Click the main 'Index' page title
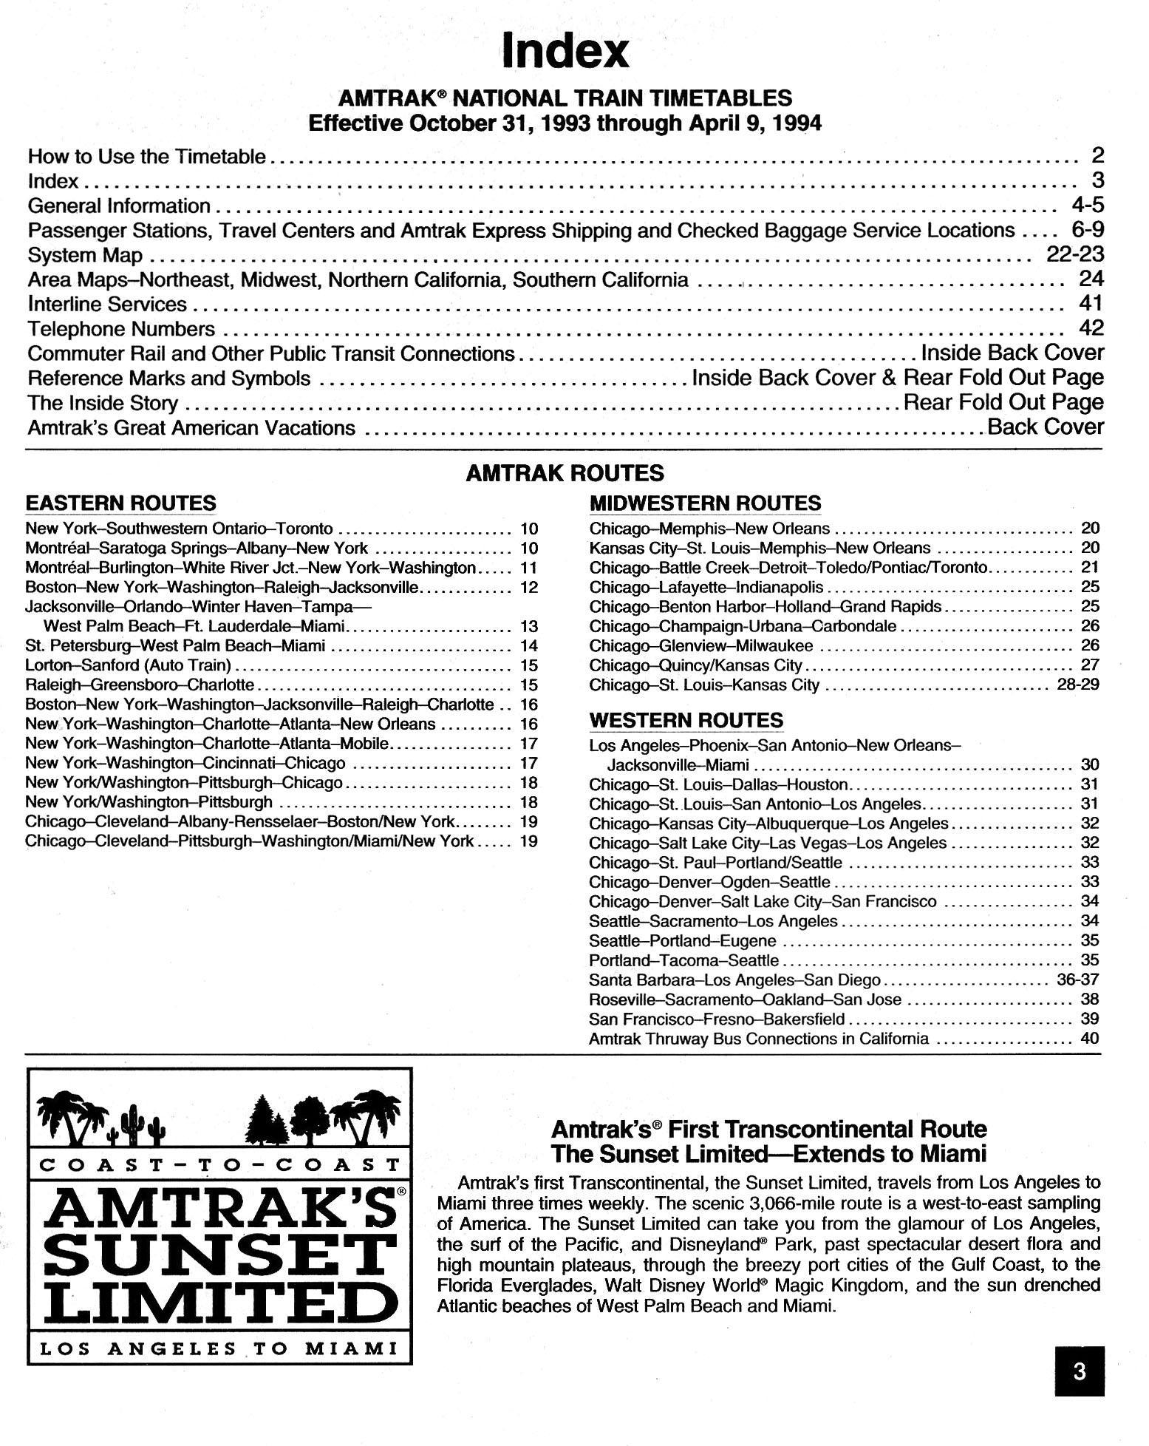[x=565, y=50]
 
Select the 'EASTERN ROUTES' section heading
[x=120, y=503]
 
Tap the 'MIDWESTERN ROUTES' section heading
[x=705, y=503]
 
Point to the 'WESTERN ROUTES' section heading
[x=686, y=720]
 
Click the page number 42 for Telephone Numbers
[x=1091, y=328]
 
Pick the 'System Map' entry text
[x=85, y=255]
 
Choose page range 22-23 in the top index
[x=1075, y=254]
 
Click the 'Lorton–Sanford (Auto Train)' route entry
[x=129, y=665]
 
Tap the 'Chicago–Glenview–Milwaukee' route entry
[x=700, y=645]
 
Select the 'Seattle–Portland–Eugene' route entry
[x=683, y=941]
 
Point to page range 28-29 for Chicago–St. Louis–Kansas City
[x=1078, y=685]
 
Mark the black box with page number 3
[x=1079, y=1371]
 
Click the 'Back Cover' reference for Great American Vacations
[x=1046, y=427]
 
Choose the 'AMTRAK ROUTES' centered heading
[x=565, y=473]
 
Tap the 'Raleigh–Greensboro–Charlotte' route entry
[x=140, y=685]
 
